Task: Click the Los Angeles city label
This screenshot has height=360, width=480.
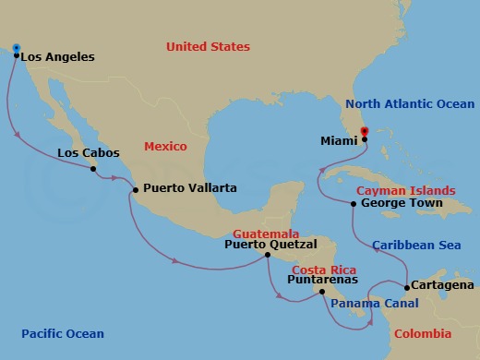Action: click(x=57, y=57)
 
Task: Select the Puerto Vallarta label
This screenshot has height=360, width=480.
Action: click(x=190, y=188)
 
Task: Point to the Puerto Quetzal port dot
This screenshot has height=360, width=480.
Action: click(x=268, y=255)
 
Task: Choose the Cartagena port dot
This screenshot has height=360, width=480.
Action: click(x=407, y=288)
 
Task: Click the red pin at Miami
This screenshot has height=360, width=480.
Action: click(x=364, y=131)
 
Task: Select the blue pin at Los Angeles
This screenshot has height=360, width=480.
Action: click(x=17, y=48)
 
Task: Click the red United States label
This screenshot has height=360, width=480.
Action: click(x=208, y=46)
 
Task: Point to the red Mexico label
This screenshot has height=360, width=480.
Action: click(x=165, y=147)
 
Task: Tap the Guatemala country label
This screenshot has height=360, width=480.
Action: click(x=265, y=234)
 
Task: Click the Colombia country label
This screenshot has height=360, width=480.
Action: click(x=422, y=333)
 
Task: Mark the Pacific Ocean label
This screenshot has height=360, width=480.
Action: click(x=64, y=333)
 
